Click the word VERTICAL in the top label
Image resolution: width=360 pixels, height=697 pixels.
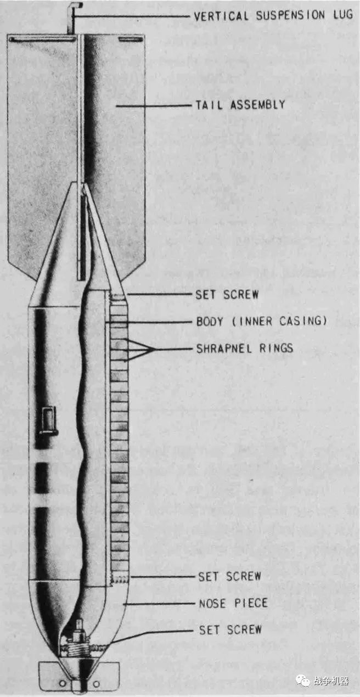pos(218,16)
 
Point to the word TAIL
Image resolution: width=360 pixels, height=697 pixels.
pos(209,105)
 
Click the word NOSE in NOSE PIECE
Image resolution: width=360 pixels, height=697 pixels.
pos(212,604)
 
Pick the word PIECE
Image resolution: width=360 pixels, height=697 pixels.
pos(251,604)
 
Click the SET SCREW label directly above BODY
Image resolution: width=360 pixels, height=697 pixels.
pos(227,295)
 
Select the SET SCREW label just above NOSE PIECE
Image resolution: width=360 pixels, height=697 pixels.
pos(229,576)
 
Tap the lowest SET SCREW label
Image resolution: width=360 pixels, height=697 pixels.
pos(230,629)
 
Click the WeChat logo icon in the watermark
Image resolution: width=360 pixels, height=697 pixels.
pos(302,681)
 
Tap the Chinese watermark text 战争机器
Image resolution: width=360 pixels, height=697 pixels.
pos(331,681)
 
